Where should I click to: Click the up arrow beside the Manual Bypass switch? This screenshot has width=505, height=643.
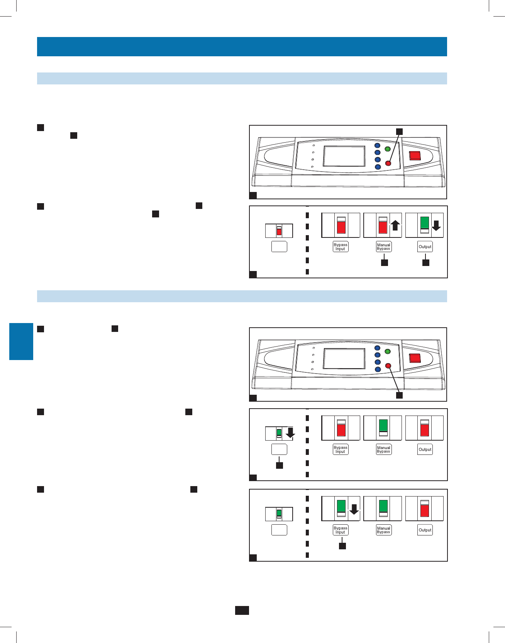tap(395, 225)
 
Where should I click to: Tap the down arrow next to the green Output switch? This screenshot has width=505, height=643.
tap(436, 225)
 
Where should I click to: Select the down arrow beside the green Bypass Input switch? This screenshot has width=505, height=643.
tap(354, 509)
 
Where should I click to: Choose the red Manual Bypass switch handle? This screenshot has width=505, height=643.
tap(383, 227)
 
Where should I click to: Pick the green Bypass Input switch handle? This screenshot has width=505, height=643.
tap(341, 505)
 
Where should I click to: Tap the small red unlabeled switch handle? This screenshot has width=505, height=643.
tap(279, 231)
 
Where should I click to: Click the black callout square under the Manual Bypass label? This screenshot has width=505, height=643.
tap(385, 263)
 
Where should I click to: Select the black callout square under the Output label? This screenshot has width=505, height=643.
tap(425, 263)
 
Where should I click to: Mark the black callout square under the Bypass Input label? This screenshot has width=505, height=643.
tap(342, 546)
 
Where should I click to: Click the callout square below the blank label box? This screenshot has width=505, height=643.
tap(279, 465)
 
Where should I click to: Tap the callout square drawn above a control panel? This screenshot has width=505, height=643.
tap(400, 131)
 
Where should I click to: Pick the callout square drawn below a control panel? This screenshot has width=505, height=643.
tap(400, 395)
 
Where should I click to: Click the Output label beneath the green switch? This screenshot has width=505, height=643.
tap(425, 247)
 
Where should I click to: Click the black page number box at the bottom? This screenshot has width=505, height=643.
tap(242, 610)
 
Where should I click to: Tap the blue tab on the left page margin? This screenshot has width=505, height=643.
tap(21, 342)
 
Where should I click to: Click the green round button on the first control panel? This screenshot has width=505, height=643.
tap(388, 149)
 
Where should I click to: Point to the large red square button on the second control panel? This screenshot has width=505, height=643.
tap(415, 358)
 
